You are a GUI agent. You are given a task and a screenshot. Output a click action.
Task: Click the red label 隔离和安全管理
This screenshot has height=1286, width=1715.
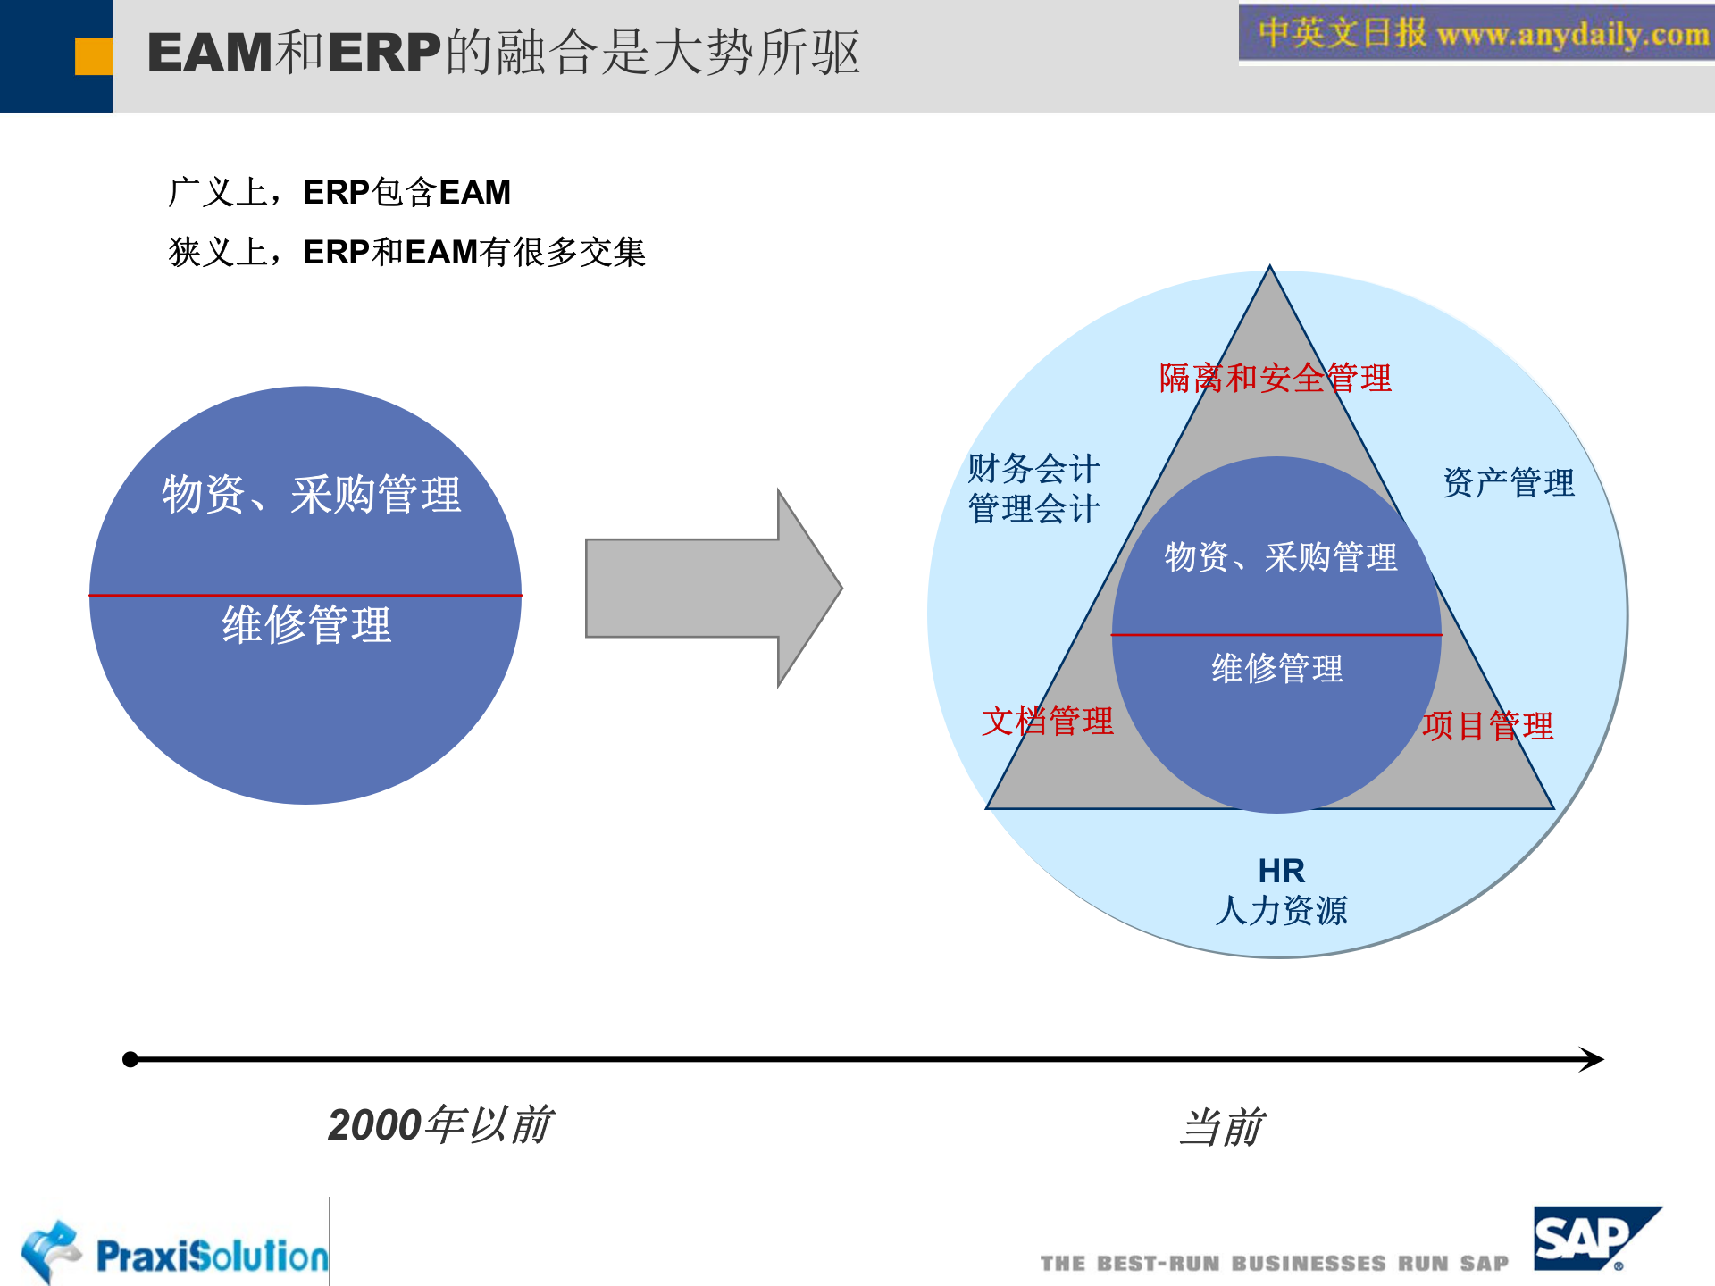[x=1275, y=378]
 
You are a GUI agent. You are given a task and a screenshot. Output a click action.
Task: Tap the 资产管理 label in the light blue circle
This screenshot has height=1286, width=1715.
[x=1509, y=483]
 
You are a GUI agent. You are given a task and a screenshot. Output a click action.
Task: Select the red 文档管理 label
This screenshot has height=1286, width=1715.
[x=1047, y=721]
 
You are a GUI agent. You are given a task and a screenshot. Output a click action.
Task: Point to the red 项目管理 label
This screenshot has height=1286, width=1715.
[x=1487, y=725]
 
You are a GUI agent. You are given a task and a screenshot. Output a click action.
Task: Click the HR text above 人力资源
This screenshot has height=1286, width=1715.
[x=1281, y=870]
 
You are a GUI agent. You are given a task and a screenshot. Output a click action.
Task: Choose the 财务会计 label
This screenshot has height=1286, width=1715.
[x=1033, y=468]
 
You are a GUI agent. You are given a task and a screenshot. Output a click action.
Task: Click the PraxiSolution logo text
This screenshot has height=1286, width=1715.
[x=212, y=1256]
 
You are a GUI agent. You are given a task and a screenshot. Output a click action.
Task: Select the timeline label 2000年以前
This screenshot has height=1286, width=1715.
[x=440, y=1124]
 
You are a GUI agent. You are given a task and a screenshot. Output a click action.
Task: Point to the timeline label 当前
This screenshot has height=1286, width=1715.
[x=1221, y=1127]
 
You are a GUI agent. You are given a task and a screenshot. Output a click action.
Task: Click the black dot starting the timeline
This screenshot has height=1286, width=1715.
[x=130, y=1059]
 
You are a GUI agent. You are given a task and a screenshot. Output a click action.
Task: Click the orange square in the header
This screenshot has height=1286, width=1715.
[x=93, y=55]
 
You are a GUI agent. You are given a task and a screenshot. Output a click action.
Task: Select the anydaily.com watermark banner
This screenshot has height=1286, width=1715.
[x=1476, y=34]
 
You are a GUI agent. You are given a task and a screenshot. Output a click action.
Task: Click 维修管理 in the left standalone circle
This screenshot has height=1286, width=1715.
[x=306, y=624]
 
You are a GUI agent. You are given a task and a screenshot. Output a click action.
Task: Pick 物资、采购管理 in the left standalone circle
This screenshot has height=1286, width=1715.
[x=311, y=494]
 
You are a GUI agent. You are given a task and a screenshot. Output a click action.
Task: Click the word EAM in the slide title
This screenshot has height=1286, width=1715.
[x=210, y=53]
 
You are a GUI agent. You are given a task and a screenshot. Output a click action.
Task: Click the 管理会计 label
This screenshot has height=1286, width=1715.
[x=1033, y=509]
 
